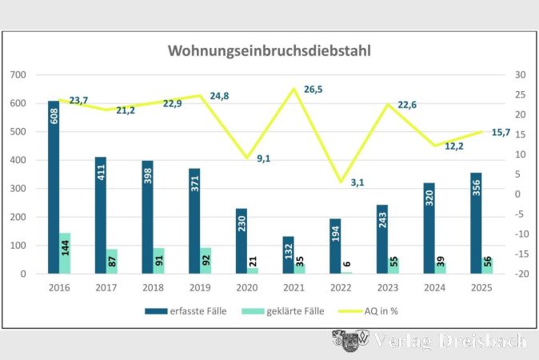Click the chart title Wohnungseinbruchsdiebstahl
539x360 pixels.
click(x=269, y=50)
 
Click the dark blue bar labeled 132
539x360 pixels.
click(x=289, y=255)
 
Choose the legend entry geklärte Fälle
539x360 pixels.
click(x=283, y=311)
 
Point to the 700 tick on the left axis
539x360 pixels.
click(x=18, y=75)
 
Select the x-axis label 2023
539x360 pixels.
click(x=388, y=287)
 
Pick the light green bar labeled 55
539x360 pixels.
click(x=393, y=266)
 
